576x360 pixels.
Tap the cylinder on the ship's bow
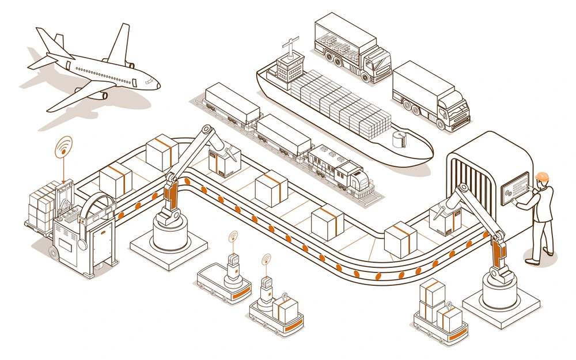pos(398,140)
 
